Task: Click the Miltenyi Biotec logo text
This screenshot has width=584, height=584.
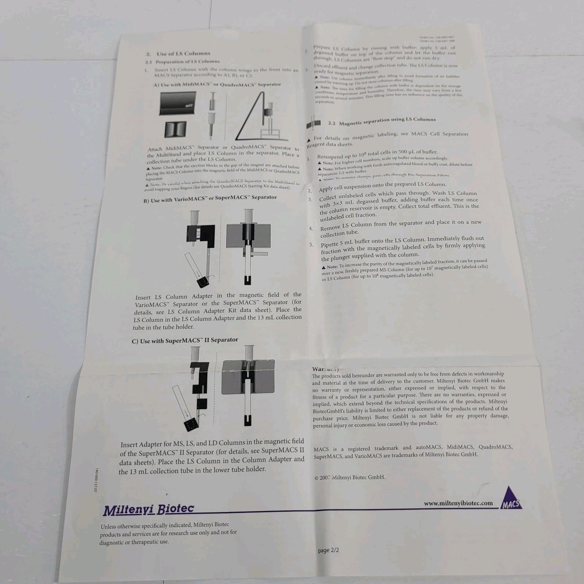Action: tap(148, 509)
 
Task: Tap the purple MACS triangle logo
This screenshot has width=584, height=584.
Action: tap(511, 498)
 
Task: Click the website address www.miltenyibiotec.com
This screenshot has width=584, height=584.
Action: tap(458, 503)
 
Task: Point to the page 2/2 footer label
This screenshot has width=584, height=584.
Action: tap(328, 550)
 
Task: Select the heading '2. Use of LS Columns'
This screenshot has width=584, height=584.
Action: tap(178, 53)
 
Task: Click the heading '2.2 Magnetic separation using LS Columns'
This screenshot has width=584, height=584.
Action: tap(382, 121)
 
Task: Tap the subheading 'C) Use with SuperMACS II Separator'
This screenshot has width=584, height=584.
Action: tap(185, 340)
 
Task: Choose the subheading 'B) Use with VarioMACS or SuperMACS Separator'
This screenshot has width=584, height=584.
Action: tap(210, 198)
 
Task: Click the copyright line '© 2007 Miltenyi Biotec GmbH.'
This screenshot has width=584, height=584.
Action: tap(350, 477)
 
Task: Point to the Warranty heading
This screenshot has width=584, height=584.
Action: tap(325, 369)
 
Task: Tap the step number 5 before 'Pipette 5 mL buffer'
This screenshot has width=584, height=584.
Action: tap(312, 245)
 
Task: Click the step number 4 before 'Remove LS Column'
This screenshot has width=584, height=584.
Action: tap(311, 228)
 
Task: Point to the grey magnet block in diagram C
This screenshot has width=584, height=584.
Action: tap(248, 377)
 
